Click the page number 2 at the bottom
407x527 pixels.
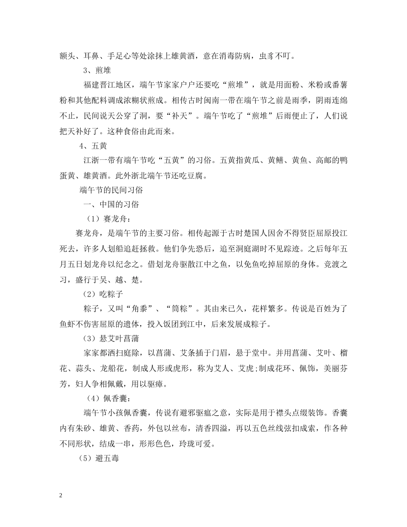61,496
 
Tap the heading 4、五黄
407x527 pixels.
93,146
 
